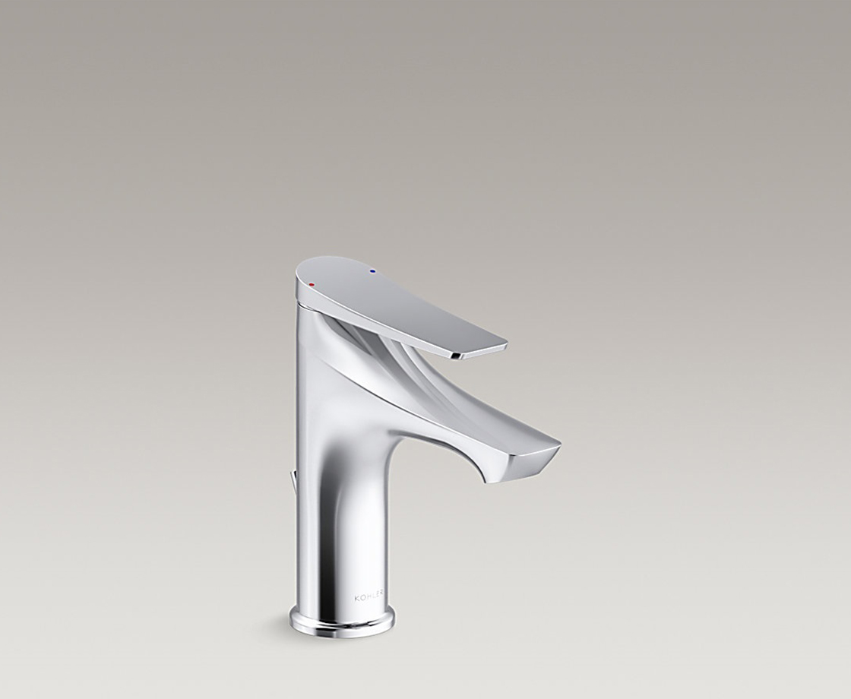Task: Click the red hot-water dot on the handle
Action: pyautogui.click(x=312, y=284)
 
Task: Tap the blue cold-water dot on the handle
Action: pyautogui.click(x=372, y=270)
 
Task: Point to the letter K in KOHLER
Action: pyautogui.click(x=356, y=599)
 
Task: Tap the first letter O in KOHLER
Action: pyautogui.click(x=362, y=599)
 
